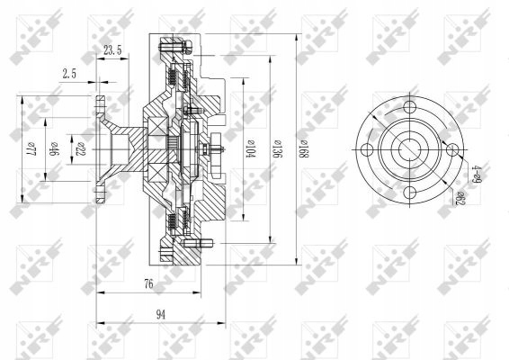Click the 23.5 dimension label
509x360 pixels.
point(112,51)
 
